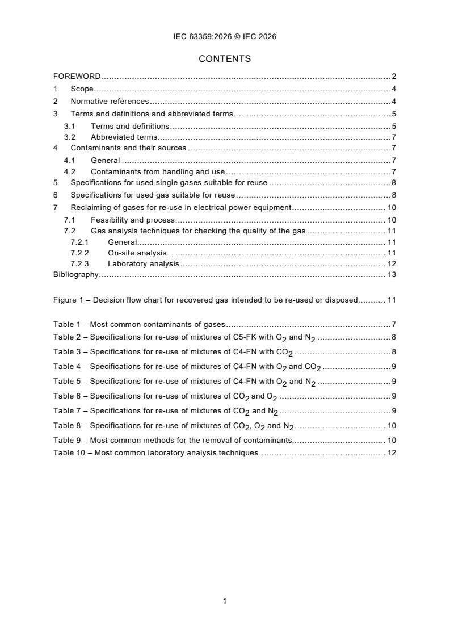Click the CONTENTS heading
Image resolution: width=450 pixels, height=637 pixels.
[225, 58]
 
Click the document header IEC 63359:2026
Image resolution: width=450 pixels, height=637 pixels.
[225, 37]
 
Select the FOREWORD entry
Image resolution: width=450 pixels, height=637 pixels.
[77, 76]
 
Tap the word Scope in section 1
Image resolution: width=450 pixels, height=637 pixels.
[82, 89]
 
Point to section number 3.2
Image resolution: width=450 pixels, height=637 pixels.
[70, 137]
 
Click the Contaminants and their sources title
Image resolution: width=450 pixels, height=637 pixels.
[128, 148]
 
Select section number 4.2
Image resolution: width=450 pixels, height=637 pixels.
[70, 172]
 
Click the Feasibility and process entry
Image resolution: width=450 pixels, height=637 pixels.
[132, 220]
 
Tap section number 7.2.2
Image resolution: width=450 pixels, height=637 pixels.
[79, 253]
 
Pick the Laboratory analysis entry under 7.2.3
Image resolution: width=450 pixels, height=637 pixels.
[143, 264]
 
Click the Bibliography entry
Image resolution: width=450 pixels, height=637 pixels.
[75, 275]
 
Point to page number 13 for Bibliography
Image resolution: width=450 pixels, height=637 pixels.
[392, 275]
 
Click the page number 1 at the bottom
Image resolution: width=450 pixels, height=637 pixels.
[225, 601]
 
